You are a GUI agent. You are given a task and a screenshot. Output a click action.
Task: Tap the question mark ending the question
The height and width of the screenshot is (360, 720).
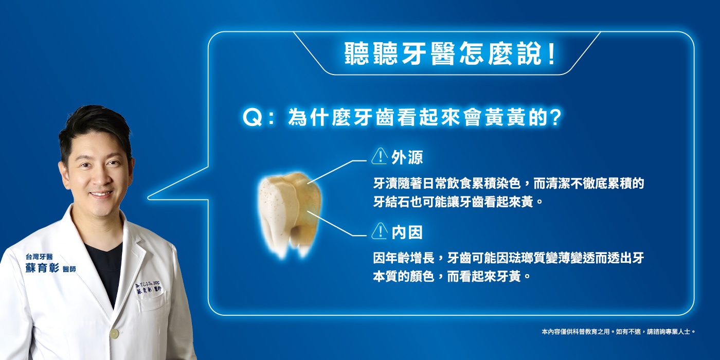[x=554, y=118]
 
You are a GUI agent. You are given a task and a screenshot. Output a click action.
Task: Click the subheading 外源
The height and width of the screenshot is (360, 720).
[x=407, y=157]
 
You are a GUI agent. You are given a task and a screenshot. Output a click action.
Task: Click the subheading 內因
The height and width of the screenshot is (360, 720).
[x=407, y=232]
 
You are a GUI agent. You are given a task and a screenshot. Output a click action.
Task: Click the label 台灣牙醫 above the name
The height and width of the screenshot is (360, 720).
[x=39, y=256]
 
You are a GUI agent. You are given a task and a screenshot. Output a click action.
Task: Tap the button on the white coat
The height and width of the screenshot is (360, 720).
[x=114, y=333]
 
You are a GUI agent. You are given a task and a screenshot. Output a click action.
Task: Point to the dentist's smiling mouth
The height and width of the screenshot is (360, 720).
[x=101, y=194]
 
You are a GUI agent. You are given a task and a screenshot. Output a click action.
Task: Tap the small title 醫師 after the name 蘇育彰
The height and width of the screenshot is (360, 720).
[x=68, y=269]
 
